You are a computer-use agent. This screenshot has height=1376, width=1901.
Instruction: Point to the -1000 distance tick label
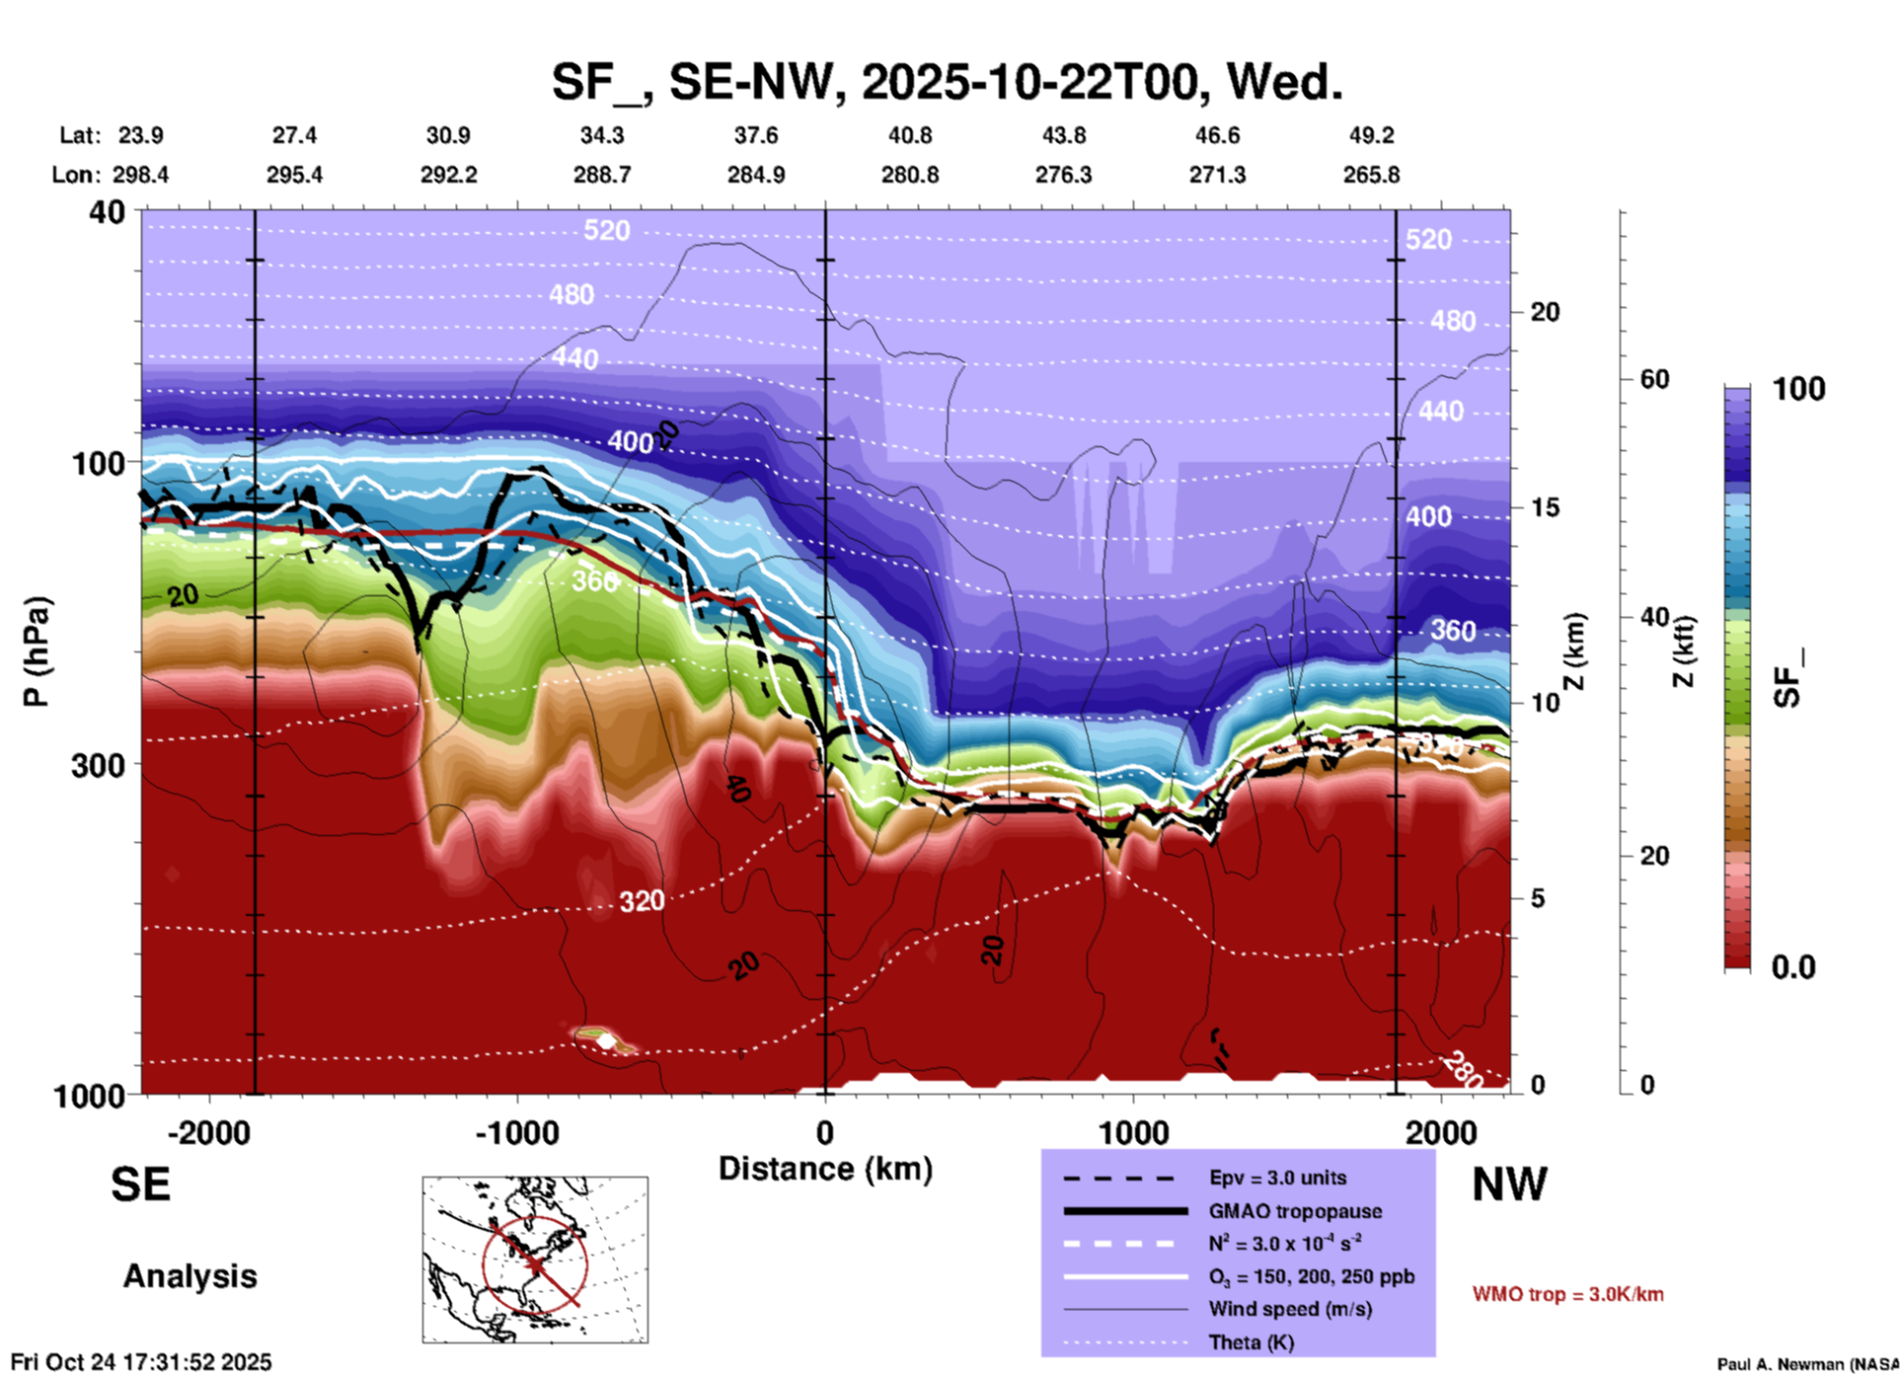click(516, 1133)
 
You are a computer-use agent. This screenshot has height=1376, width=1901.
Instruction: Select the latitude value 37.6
click(755, 135)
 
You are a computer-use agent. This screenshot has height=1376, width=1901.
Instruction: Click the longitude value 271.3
click(1216, 175)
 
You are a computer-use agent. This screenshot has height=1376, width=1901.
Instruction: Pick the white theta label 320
click(642, 901)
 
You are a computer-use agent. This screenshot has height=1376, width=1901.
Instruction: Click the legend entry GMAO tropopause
click(1294, 1211)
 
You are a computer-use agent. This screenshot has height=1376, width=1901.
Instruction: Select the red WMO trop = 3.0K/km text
click(1567, 1294)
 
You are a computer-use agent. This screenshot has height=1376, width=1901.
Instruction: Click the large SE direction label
click(140, 1185)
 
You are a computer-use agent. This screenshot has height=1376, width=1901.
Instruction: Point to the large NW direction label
click(1509, 1185)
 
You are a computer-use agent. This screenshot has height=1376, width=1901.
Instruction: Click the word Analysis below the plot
click(190, 1276)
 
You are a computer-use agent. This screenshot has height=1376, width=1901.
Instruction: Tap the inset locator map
click(535, 1260)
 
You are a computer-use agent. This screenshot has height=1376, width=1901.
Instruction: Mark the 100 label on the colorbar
click(1798, 389)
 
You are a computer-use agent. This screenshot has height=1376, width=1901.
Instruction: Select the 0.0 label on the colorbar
click(1793, 967)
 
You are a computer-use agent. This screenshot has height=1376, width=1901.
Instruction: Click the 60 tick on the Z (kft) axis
click(1654, 379)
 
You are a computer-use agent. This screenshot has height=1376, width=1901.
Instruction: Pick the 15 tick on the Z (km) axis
click(1544, 507)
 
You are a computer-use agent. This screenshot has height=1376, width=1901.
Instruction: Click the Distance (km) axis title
click(825, 1169)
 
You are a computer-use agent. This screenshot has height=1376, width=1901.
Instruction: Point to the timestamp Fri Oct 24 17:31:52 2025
click(141, 1362)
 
